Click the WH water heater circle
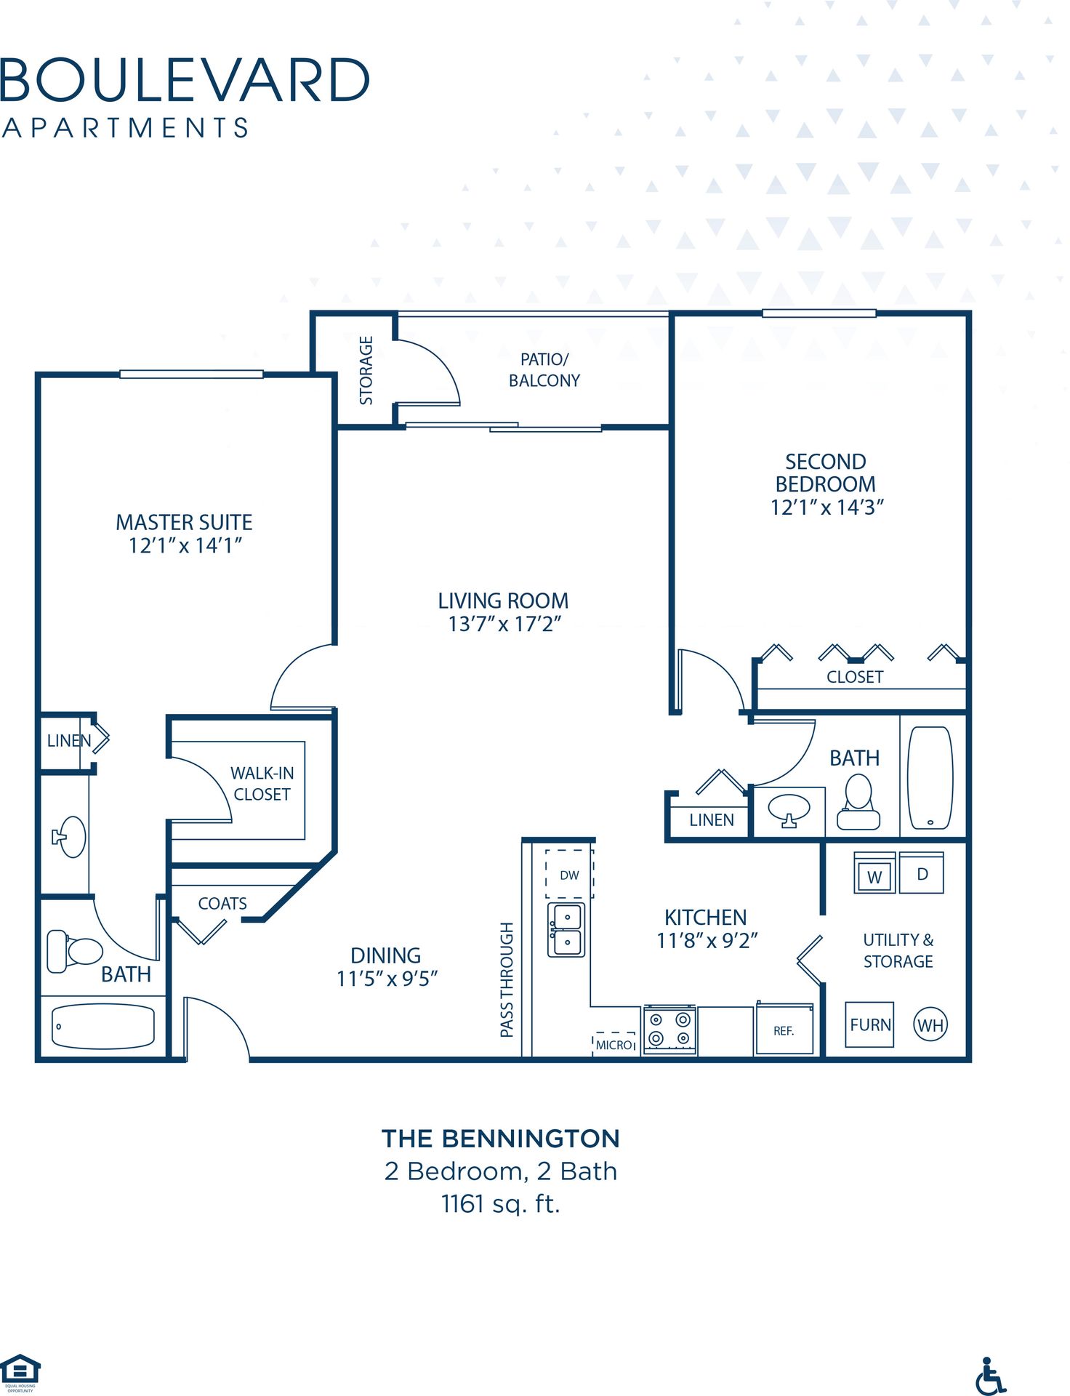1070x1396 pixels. pos(930,1025)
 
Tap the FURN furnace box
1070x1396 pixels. pos(870,1024)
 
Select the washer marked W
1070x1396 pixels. pos(874,874)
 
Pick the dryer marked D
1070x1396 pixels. pos(922,873)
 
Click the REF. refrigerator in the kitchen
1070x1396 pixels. pos(784,1029)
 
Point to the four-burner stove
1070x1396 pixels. pos(669,1030)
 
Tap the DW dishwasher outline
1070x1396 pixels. pos(569,875)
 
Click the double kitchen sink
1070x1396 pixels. pos(566,930)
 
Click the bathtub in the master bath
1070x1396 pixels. pos(103,1026)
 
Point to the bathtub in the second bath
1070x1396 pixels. pos(930,777)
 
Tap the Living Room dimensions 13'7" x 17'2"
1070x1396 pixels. pos(504,624)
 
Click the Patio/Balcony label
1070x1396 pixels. pos(544,369)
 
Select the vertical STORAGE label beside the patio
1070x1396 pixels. pos(366,370)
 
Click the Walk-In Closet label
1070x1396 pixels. pos(262,783)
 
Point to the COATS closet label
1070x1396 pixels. pos(222,903)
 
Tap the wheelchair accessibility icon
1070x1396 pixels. pos(990,1376)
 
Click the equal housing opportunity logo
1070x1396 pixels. pos(20,1371)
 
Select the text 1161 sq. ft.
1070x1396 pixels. pos(500,1204)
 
